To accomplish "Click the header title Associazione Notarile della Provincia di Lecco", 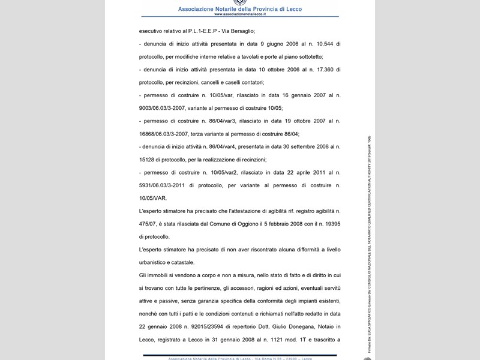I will click(240, 10).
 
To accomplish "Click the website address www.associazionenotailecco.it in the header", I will click(240, 16).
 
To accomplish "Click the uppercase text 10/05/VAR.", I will click(154, 198).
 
